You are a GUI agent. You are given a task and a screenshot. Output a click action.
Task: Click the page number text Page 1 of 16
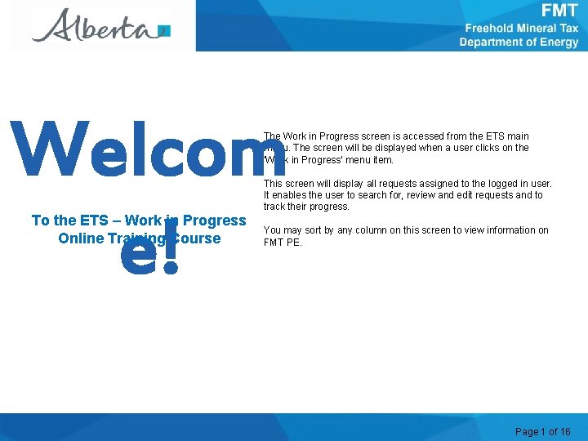(x=543, y=431)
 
